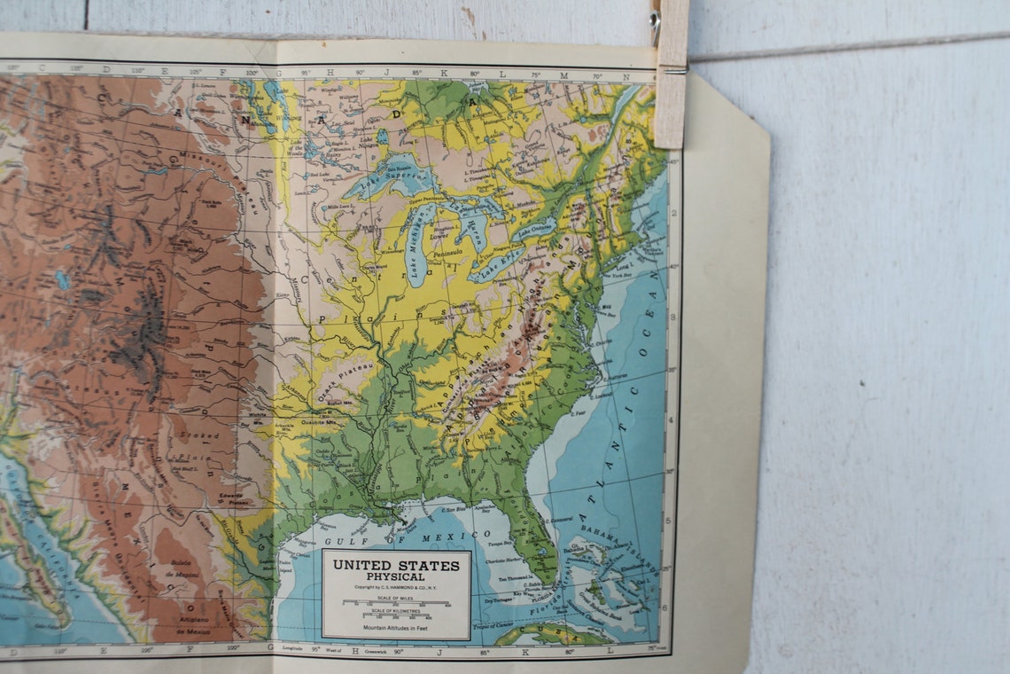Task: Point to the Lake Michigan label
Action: (419, 247)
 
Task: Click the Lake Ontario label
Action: (535, 229)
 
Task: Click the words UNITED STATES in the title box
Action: (395, 565)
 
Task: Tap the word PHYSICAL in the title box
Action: (395, 576)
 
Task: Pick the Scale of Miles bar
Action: (395, 603)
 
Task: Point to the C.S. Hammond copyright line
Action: (395, 587)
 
